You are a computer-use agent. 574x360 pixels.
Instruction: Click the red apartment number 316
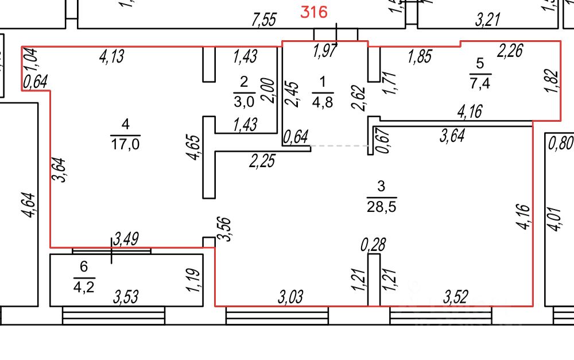(x=315, y=13)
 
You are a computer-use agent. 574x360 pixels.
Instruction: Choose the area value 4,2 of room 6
(x=84, y=286)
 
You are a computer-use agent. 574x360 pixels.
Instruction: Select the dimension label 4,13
(x=112, y=56)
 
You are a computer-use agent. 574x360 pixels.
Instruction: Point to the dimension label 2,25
(x=262, y=161)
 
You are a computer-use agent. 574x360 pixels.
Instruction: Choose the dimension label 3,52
(x=456, y=297)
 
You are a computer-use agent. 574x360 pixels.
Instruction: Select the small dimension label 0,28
(x=373, y=245)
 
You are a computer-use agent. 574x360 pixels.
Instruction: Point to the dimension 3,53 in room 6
(x=126, y=297)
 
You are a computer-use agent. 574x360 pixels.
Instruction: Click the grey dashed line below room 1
(x=339, y=146)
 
